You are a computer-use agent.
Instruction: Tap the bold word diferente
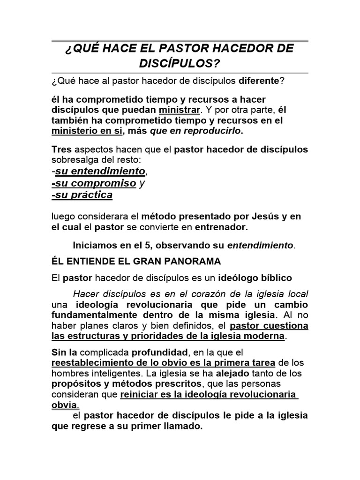pyautogui.click(x=259, y=81)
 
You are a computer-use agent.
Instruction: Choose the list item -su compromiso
pyautogui.click(x=94, y=183)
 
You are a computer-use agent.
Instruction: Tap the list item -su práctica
pyautogui.click(x=82, y=195)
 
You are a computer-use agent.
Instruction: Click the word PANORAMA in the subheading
pyautogui.click(x=193, y=261)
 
